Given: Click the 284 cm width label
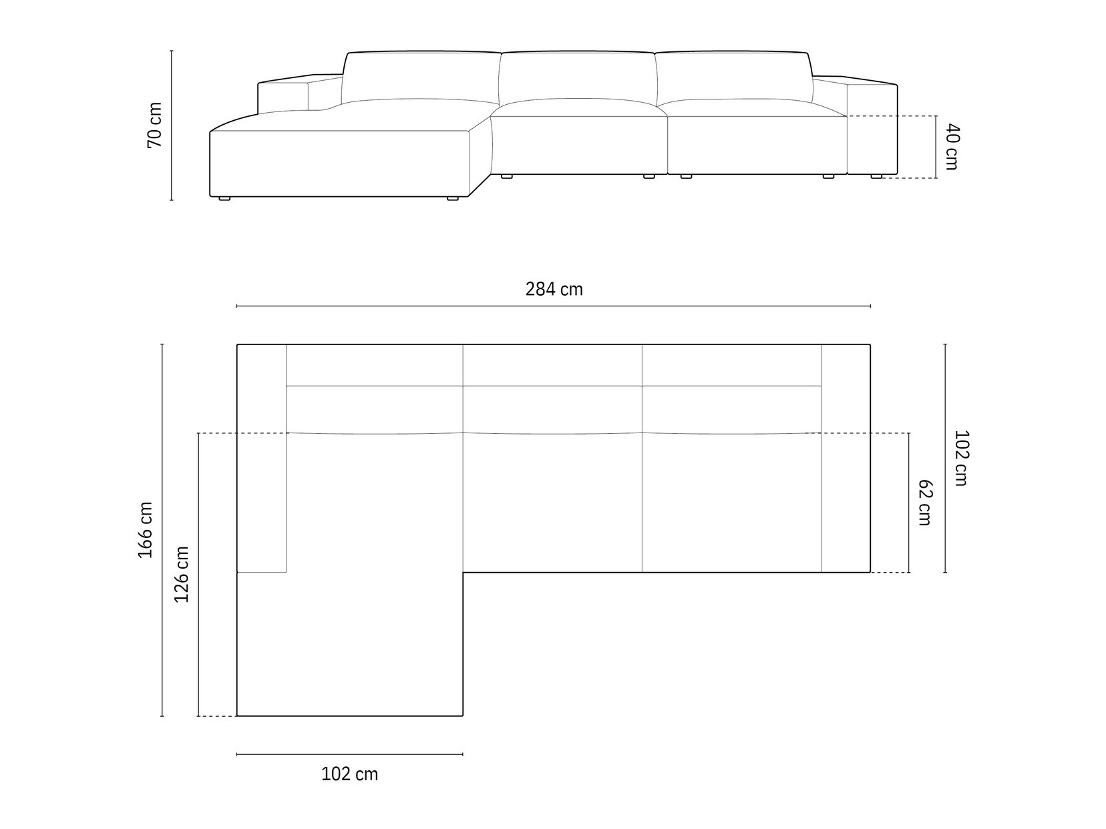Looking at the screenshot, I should click(554, 289).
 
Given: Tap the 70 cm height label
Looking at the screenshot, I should click(154, 125).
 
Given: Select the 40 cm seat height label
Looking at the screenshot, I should click(952, 147).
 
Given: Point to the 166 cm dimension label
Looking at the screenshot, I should click(145, 530).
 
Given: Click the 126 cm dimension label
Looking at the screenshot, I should click(182, 574).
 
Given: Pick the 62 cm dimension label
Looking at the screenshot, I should click(924, 502).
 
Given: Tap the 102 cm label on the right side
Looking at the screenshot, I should click(960, 458).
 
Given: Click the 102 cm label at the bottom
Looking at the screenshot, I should click(349, 774).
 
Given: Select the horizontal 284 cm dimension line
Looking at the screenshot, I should click(554, 306).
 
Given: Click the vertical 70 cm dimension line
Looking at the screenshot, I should click(172, 125).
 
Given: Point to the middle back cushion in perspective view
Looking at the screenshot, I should click(578, 77).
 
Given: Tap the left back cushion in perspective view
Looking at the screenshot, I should click(421, 76).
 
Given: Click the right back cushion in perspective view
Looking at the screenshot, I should click(733, 76).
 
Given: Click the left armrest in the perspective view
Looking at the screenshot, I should click(283, 95).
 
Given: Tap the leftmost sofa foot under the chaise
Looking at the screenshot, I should click(224, 198).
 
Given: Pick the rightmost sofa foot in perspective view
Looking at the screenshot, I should click(876, 177).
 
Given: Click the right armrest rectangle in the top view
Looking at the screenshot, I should click(845, 459).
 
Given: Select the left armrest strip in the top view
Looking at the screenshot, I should click(262, 459).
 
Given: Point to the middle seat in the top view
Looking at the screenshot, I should click(552, 502).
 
